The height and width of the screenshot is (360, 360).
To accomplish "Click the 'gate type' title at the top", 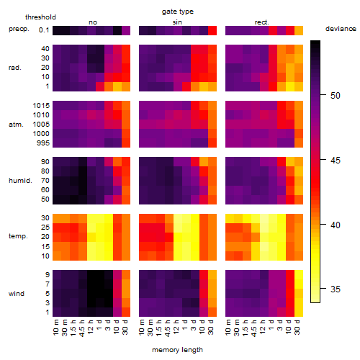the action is click(x=178, y=12).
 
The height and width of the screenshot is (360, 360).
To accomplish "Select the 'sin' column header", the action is click(x=177, y=22).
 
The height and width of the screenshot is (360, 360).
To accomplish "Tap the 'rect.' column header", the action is click(x=262, y=22).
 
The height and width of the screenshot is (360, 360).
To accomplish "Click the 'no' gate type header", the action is click(x=93, y=22).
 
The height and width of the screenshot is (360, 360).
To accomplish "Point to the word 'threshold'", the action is click(x=40, y=17).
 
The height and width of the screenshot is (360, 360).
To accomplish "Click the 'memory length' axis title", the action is click(x=178, y=350).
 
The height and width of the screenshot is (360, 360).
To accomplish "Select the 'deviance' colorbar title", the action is click(x=341, y=29).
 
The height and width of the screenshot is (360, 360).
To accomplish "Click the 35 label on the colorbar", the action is click(x=336, y=289).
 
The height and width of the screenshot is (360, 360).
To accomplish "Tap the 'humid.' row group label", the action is click(x=20, y=181).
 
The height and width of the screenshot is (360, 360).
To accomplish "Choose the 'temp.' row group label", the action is click(x=18, y=236).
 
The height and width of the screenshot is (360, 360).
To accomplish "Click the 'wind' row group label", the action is click(x=17, y=294).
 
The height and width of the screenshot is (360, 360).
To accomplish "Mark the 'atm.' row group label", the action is click(x=16, y=125).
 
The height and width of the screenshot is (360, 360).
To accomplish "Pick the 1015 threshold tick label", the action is click(x=41, y=106).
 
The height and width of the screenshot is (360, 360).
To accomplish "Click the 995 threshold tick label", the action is click(x=43, y=143).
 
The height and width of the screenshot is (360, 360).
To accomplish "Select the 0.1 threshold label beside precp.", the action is click(x=44, y=30).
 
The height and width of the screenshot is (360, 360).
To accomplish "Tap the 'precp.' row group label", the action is click(x=19, y=29).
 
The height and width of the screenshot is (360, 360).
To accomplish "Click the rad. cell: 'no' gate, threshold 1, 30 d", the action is click(x=126, y=86).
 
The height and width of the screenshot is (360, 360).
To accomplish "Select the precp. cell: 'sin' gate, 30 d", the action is click(x=212, y=30).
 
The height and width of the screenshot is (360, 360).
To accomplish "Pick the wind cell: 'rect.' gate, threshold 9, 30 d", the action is click(x=299, y=274).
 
